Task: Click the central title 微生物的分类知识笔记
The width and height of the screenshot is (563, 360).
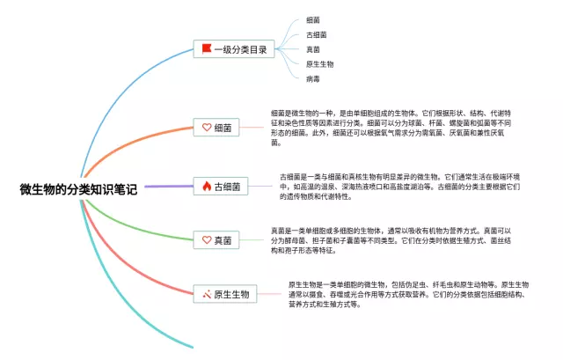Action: (x=78, y=188)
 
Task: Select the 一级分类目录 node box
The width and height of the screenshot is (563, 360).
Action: (x=232, y=49)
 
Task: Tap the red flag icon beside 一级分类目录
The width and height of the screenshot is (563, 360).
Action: (x=207, y=49)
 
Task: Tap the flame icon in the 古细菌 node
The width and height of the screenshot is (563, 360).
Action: (x=207, y=187)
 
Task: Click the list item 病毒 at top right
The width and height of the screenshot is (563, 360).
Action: (x=313, y=79)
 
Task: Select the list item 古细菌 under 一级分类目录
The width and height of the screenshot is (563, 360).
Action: (x=317, y=34)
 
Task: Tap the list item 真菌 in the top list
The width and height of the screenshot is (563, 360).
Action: (x=313, y=49)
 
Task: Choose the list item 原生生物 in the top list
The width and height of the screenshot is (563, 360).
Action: (x=319, y=64)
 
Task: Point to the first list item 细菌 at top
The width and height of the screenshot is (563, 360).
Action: (x=313, y=19)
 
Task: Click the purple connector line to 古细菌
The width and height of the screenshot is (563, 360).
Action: (x=167, y=187)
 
